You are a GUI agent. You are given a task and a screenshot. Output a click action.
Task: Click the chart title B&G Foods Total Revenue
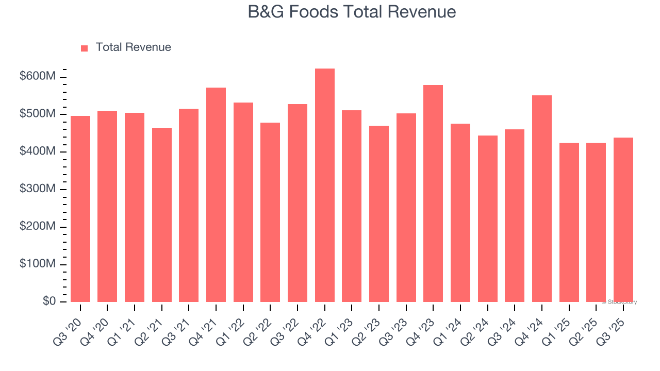click(352, 12)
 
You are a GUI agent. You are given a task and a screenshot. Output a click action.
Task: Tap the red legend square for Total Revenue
click(85, 48)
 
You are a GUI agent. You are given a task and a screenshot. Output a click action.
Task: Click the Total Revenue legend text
click(133, 47)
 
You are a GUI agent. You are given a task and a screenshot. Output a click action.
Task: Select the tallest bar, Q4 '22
click(325, 185)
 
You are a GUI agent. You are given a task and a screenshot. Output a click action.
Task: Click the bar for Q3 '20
click(80, 209)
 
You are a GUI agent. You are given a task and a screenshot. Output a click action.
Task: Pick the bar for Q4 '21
click(216, 195)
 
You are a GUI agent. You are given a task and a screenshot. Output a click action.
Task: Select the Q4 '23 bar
click(433, 194)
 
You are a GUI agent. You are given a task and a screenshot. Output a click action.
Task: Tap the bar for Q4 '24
click(542, 199)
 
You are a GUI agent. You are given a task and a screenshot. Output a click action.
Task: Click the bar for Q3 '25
click(623, 220)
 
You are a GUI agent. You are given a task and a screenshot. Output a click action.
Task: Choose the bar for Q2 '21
click(162, 215)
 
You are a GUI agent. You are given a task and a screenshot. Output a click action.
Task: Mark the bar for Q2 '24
click(488, 219)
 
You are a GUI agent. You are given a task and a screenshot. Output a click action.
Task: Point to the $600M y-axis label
click(38, 76)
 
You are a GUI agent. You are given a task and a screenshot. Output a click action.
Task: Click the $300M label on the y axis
click(38, 189)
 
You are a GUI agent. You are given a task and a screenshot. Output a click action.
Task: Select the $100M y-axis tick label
click(38, 264)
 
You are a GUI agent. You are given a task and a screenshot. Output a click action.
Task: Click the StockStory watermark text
click(619, 302)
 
